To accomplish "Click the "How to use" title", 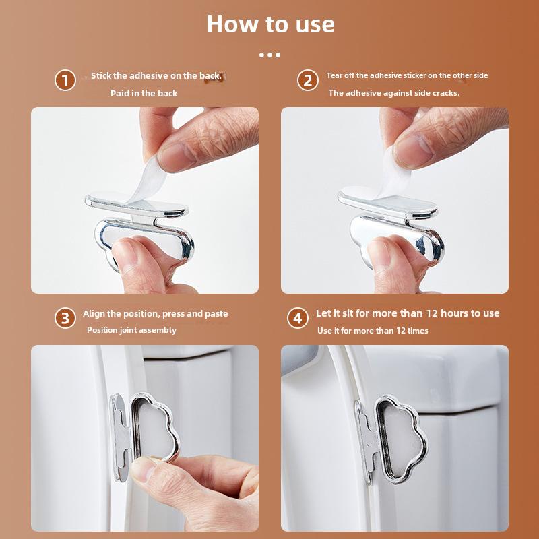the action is click(271, 24).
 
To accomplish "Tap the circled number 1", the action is click(65, 80).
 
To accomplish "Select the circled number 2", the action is click(308, 80).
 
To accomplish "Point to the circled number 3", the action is click(65, 318).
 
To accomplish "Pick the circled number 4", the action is click(298, 318).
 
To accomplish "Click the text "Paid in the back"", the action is click(144, 93).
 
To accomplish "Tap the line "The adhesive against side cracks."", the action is click(394, 93).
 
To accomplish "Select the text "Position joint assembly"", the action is click(131, 330).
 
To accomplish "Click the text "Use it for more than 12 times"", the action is click(373, 331).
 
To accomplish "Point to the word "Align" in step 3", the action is click(94, 314).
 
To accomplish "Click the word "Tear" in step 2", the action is click(333, 75).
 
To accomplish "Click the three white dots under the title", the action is click(270, 55).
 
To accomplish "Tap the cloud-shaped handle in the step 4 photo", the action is click(401, 439).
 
